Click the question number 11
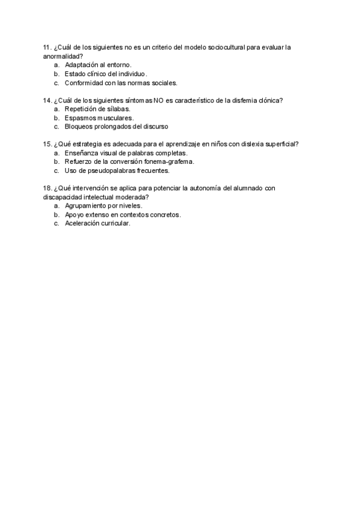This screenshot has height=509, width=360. pos(47,47)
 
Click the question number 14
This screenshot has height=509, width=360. pos(47,100)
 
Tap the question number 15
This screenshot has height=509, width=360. pos(47,144)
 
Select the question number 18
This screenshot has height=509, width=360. pos(47,188)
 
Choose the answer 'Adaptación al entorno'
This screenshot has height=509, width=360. pos(98,64)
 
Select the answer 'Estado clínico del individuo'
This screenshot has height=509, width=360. pos(106,74)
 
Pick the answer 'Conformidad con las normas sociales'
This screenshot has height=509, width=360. pos(121,83)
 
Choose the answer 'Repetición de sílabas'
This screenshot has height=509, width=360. pos(97,109)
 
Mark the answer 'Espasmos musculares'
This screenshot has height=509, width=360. pos(99,118)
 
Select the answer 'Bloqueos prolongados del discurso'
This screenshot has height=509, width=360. pos(116,127)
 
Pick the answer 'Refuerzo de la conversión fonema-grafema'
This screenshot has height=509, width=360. pos(130,161)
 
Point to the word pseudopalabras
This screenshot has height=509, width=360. pos(109,170)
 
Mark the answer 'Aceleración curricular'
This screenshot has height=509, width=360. pos(97,223)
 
